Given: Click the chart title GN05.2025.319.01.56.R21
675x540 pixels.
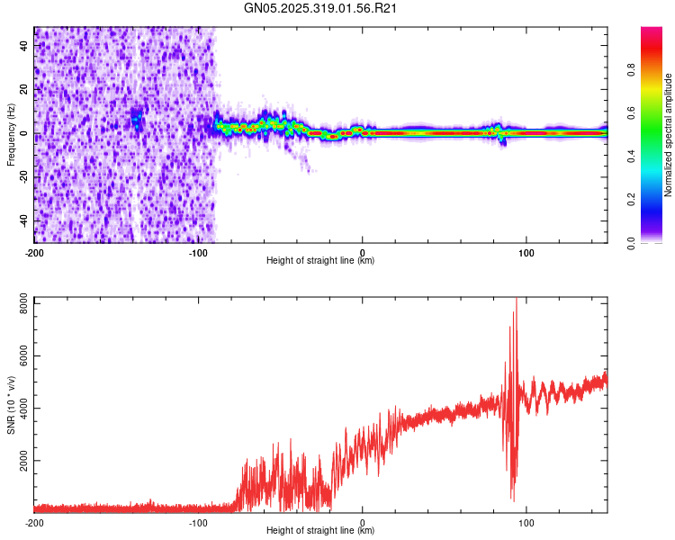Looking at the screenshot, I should [322, 8].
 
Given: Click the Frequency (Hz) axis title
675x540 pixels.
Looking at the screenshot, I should [11, 134].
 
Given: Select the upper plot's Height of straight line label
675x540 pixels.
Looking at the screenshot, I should [320, 261].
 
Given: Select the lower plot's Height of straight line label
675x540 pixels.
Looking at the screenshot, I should [320, 531].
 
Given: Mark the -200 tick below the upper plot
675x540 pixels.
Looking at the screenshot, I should [34, 252].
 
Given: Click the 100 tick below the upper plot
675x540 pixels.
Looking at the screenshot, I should [527, 252].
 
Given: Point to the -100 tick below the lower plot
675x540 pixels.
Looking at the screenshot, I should [198, 522].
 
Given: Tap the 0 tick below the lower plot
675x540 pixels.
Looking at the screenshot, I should [363, 522].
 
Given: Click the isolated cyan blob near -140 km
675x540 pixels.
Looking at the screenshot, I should [137, 118].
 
